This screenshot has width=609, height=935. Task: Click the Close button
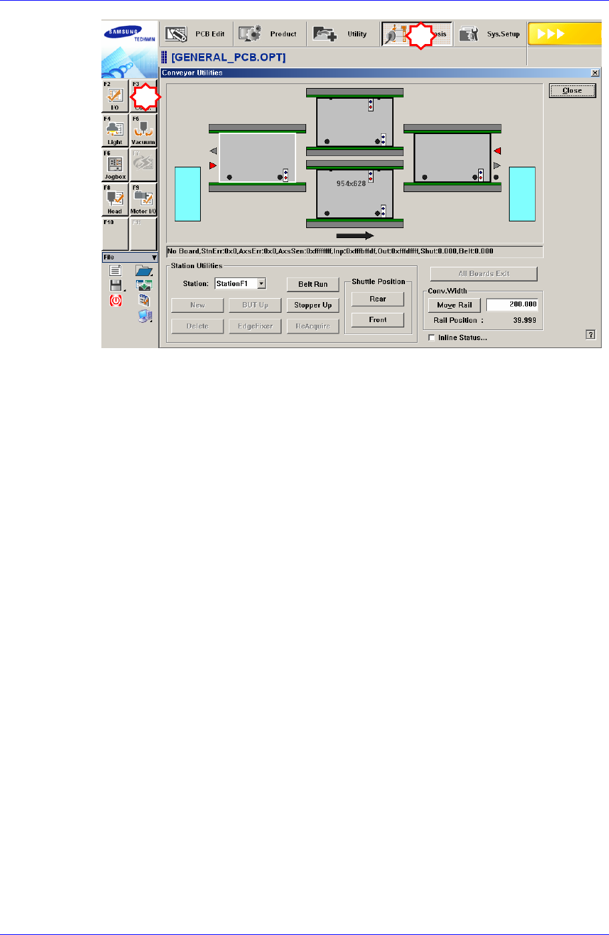click(x=572, y=91)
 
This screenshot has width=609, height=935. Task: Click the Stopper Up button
click(x=313, y=305)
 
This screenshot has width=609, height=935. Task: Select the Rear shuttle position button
click(x=378, y=299)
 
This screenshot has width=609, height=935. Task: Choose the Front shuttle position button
click(x=378, y=320)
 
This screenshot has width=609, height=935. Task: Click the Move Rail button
click(x=454, y=305)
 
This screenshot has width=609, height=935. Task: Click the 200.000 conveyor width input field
click(x=512, y=305)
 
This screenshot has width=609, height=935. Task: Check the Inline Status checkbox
click(x=432, y=337)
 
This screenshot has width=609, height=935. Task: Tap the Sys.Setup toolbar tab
click(x=490, y=34)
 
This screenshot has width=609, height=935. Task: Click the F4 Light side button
click(x=115, y=130)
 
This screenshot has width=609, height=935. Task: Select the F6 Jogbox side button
click(x=115, y=165)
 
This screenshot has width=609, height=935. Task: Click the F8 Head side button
click(x=115, y=199)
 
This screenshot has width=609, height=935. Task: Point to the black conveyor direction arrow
click(x=355, y=235)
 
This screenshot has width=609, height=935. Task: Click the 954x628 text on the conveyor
click(x=351, y=183)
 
